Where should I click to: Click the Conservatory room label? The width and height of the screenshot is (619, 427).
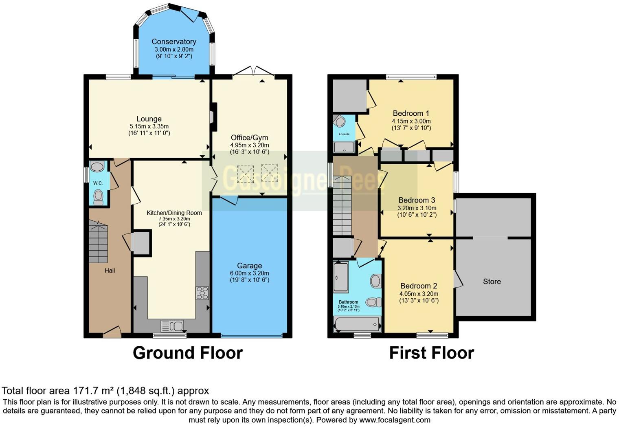point(174,42)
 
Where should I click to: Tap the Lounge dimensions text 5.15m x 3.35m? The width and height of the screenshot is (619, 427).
point(149,126)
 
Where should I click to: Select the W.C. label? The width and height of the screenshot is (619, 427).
point(98,183)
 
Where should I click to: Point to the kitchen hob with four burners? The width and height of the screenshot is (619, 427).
point(202,293)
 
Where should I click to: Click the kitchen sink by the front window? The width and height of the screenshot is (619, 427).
point(172,326)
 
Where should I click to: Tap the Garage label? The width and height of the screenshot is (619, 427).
point(249,266)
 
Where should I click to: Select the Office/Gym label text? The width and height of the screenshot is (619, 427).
point(249,138)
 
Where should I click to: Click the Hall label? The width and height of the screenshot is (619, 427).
point(110,271)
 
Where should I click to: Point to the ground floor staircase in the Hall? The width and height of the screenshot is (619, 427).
point(98,242)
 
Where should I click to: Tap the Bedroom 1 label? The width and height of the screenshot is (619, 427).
point(410,113)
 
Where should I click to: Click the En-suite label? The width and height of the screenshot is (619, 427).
point(344,134)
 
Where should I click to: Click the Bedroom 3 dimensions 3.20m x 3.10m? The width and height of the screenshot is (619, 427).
point(417,208)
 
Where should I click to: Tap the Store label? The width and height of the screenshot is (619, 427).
point(492,282)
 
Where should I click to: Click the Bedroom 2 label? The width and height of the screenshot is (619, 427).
point(418,286)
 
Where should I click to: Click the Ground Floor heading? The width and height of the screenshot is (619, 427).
point(188,353)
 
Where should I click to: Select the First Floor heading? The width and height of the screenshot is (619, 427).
point(431,353)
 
